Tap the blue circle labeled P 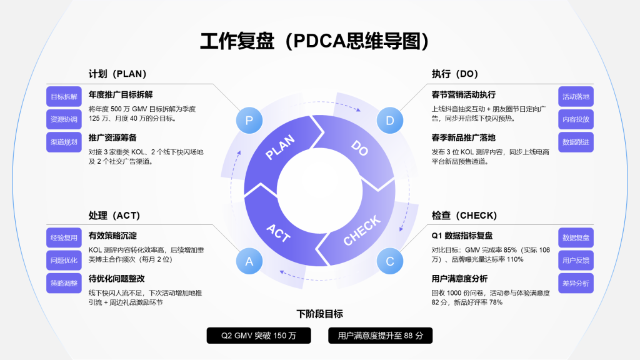coord(249,121)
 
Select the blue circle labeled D coord(390,121)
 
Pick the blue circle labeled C coord(390,261)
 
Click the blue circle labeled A coord(249,261)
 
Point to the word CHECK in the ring coord(362,231)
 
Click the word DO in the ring coord(359,148)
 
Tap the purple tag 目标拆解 coord(64,97)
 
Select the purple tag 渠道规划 coord(64,142)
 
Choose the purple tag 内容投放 coord(576,119)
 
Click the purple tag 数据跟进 coord(576,142)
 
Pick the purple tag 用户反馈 coord(576,261)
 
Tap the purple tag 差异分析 coord(576,283)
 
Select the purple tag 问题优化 coord(64,261)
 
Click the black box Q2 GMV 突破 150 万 coord(259,336)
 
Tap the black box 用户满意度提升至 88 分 coord(380,336)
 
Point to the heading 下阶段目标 coord(319,314)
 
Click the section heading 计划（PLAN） coord(117,74)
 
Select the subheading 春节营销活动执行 coord(463,94)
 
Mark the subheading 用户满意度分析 coord(459,278)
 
